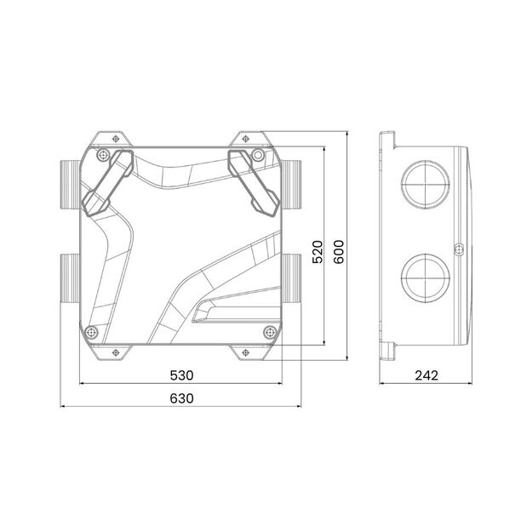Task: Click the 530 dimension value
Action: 181,375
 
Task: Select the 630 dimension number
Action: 181,398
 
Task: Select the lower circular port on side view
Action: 423,274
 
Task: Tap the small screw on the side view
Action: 458,249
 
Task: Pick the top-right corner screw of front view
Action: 257,155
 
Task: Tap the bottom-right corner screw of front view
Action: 269,331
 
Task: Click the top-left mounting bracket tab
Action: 110,138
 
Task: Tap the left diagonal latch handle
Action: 106,182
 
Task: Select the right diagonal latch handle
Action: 254,182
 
